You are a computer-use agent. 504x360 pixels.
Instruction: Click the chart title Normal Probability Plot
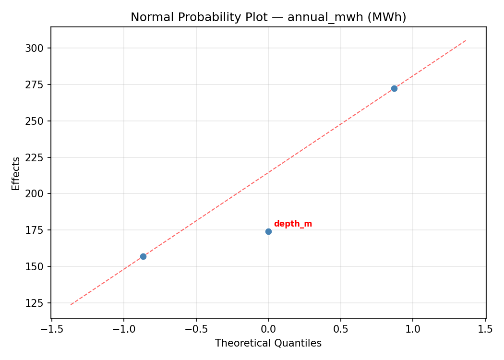(x=268, y=17)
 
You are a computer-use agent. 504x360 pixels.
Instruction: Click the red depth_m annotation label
(x=293, y=224)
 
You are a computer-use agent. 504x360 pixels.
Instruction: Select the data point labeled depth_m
(x=268, y=231)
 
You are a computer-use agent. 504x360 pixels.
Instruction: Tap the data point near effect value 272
(x=394, y=88)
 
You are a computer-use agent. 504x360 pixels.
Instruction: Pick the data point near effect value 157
(x=143, y=256)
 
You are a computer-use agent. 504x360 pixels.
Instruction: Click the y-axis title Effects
(x=16, y=173)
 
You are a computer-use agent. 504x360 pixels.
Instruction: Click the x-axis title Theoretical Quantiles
(x=268, y=343)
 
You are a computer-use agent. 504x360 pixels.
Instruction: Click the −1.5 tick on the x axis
(x=51, y=329)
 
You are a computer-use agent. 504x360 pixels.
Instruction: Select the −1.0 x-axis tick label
(x=124, y=329)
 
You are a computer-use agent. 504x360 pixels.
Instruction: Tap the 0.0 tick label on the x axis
(x=268, y=329)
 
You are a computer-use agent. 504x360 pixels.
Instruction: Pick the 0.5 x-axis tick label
(x=341, y=329)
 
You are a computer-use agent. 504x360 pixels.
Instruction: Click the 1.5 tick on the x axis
(x=485, y=329)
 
